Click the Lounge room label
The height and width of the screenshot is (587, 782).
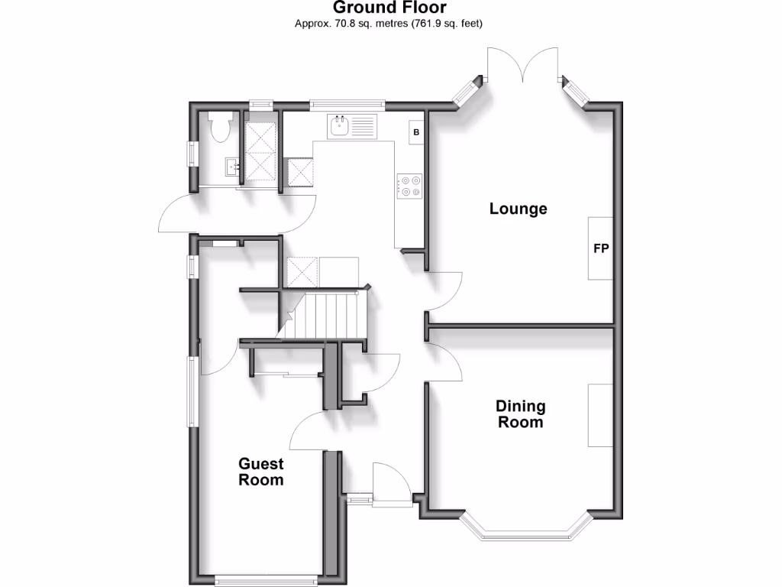[x=519, y=209]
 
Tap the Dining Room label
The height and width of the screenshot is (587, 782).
[x=521, y=413]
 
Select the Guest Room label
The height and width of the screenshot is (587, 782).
[x=261, y=472]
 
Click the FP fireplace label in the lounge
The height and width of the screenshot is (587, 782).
[x=601, y=248]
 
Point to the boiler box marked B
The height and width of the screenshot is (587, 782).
[x=416, y=132]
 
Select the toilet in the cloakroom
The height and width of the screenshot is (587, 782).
[x=219, y=127]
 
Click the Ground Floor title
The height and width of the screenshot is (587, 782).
[x=390, y=8]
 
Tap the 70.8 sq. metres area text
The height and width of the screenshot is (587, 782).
[x=389, y=24]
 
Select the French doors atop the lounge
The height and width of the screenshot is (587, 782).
[x=523, y=65]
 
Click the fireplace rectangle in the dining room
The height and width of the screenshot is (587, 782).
[x=600, y=415]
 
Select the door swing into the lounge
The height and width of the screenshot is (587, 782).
[x=444, y=290]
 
